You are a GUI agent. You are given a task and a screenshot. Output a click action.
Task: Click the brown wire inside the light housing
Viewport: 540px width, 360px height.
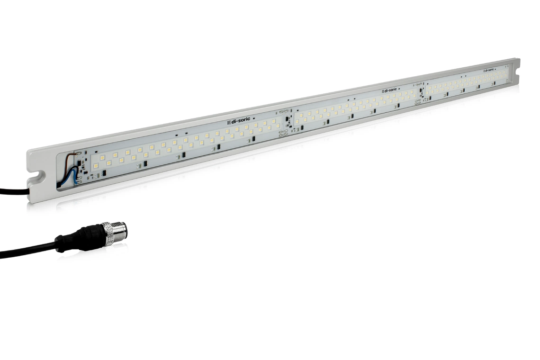71,156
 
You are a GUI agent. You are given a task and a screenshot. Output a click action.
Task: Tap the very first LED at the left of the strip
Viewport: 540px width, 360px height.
96,166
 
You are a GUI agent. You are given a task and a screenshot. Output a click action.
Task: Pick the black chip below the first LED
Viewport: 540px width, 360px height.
104,173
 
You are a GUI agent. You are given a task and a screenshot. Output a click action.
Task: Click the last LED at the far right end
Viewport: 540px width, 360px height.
505,73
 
